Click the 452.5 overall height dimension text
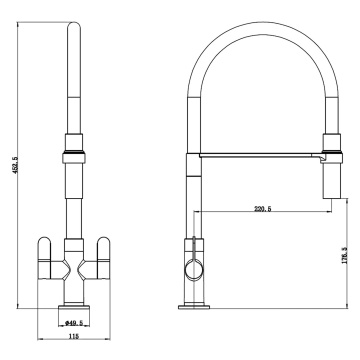click(x=19, y=165)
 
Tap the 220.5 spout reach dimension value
click(x=263, y=209)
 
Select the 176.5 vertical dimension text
click(x=344, y=255)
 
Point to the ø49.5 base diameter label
click(x=73, y=323)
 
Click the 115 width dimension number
click(x=73, y=337)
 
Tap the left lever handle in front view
click(x=45, y=258)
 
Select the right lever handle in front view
click(x=103, y=258)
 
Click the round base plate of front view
click(x=74, y=307)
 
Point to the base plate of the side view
click(x=194, y=307)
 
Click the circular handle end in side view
click(x=194, y=270)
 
